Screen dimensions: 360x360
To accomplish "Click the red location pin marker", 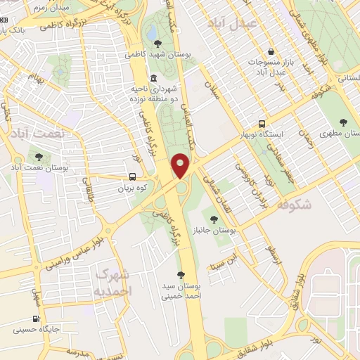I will [x=181, y=165].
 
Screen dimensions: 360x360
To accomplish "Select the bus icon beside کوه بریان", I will [x=133, y=177].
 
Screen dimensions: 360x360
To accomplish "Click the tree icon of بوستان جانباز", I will [x=214, y=219].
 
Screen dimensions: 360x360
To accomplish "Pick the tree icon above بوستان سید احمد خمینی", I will [x=181, y=275].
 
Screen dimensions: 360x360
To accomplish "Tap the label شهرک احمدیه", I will [x=112, y=281].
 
